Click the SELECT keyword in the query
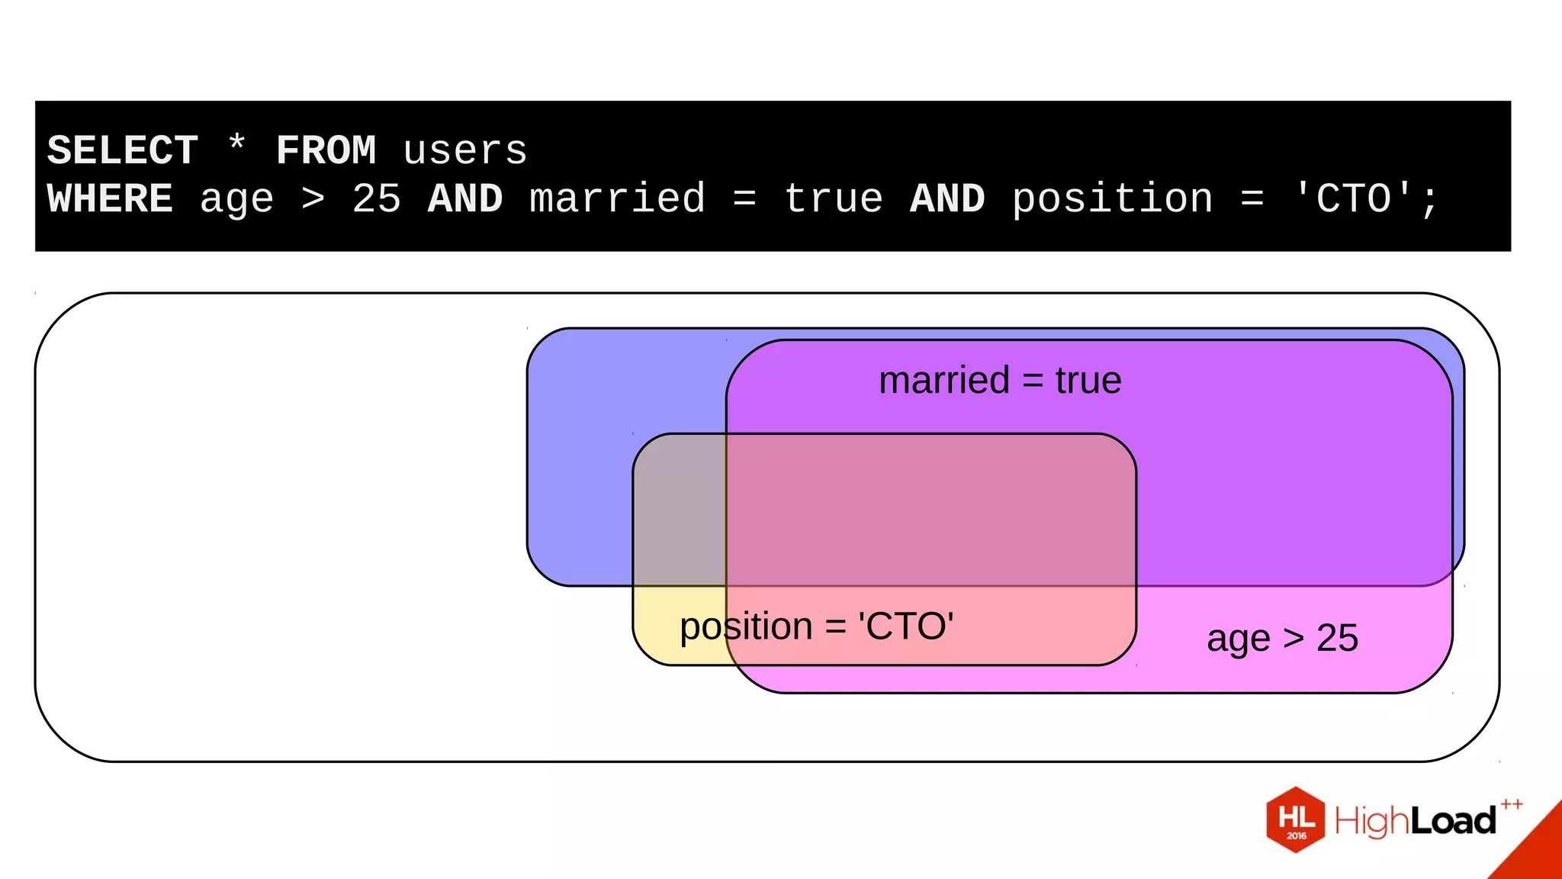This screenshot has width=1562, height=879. click(x=123, y=150)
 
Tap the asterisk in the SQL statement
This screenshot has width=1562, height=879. click(x=236, y=146)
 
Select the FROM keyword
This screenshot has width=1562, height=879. click(x=326, y=150)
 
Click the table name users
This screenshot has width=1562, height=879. click(x=464, y=150)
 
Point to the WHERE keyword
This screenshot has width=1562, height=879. click(x=110, y=199)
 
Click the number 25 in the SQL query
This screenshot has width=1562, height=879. click(x=376, y=199)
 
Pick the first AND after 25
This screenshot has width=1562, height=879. click(x=465, y=199)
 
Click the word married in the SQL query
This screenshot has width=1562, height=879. click(x=617, y=199)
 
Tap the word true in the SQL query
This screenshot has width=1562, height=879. click(x=833, y=199)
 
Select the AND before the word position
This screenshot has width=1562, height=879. click(x=947, y=199)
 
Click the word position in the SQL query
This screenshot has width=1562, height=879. click(x=1112, y=199)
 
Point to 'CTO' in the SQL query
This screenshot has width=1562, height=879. click(x=1354, y=199)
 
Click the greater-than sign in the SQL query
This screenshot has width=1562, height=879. click(x=313, y=199)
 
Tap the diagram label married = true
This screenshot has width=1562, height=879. click(x=1000, y=380)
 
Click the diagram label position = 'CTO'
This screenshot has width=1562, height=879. click(x=816, y=626)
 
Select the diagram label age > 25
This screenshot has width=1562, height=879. click(x=1282, y=638)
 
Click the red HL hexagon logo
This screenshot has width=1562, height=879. click(x=1295, y=819)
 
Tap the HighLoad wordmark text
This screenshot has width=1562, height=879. click(x=1415, y=821)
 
